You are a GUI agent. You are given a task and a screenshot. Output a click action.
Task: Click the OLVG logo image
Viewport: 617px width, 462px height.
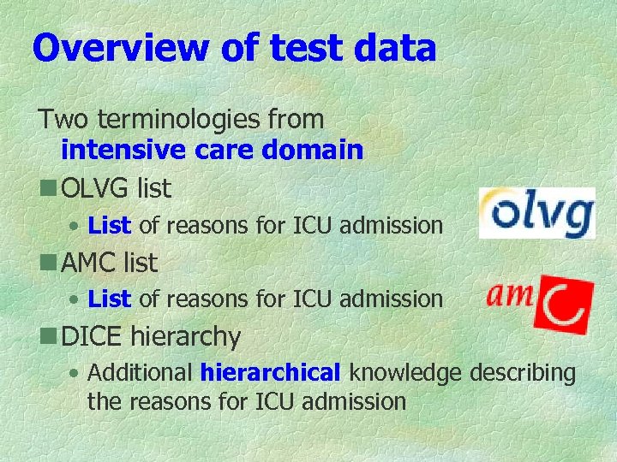pyautogui.click(x=536, y=213)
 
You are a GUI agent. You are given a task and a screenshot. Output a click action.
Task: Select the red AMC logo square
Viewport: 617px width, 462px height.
pyautogui.click(x=563, y=304)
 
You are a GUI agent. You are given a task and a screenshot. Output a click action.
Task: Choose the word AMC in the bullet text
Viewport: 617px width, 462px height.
pyautogui.click(x=89, y=261)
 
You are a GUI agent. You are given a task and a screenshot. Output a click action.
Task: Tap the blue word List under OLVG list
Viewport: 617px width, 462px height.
pyautogui.click(x=109, y=226)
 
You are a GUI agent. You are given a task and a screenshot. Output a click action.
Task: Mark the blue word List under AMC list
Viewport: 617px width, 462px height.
pyautogui.click(x=109, y=299)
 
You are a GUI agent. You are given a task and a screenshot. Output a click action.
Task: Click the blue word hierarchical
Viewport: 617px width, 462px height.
pyautogui.click(x=270, y=373)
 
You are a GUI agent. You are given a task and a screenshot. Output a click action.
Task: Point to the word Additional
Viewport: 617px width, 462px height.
pyautogui.click(x=141, y=373)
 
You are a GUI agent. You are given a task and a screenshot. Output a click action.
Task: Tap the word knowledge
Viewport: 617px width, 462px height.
pyautogui.click(x=405, y=373)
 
